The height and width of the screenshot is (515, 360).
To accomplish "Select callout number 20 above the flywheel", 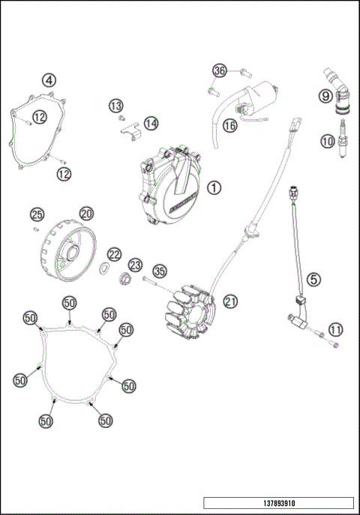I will point(86,214).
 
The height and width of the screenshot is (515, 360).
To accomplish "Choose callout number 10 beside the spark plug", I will point(327,140).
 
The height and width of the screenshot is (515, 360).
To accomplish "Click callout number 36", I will point(218,70).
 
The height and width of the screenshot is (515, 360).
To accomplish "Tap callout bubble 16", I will point(229,126).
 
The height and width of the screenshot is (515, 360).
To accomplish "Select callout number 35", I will point(159,271).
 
